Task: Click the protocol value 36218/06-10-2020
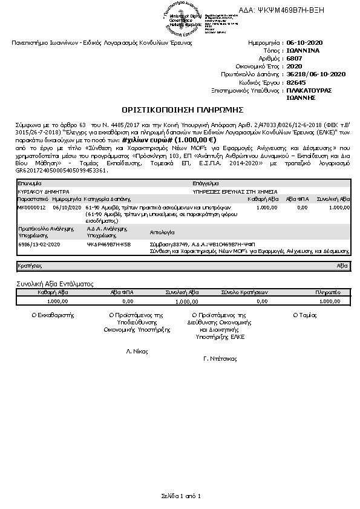[316, 74]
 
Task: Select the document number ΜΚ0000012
[31, 207]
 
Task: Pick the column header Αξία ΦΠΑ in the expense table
[297, 199]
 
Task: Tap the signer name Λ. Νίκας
[137, 351]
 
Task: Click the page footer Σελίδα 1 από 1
[180, 496]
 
